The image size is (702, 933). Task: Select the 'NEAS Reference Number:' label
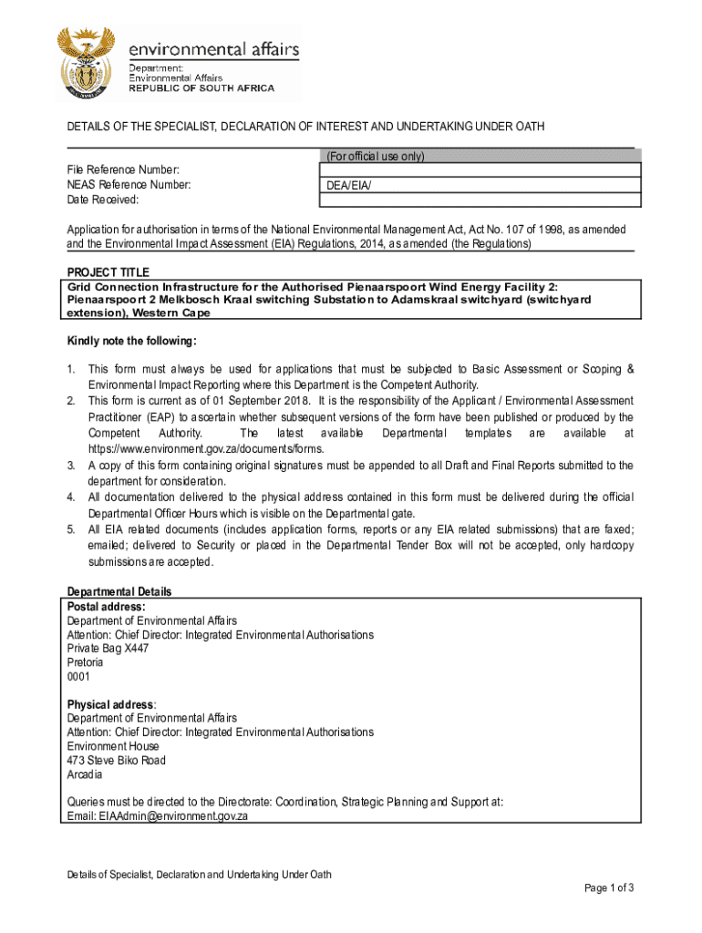click(129, 185)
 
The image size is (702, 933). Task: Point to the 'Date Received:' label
click(102, 200)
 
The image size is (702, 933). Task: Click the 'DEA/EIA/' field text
click(350, 186)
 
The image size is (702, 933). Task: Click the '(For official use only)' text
click(376, 156)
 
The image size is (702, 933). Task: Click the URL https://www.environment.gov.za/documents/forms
click(206, 449)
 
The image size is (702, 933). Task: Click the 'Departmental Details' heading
click(119, 592)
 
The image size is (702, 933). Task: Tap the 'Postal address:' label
click(106, 606)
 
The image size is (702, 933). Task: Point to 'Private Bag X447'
click(108, 649)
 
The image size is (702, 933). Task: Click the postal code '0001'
click(78, 677)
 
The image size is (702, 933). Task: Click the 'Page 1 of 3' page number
click(608, 888)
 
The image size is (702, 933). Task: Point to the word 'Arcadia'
click(85, 774)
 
